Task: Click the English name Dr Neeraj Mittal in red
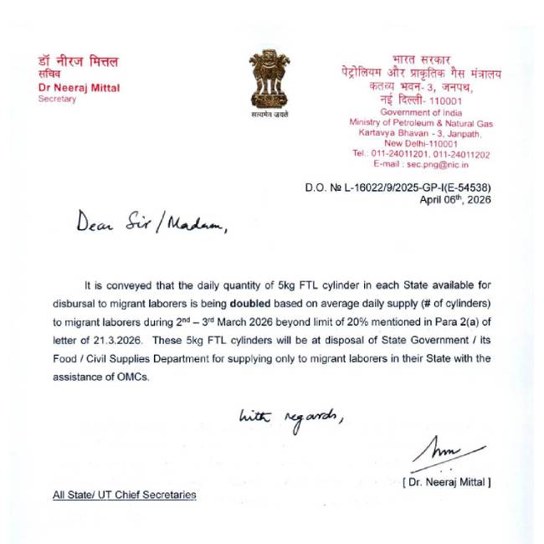(x=79, y=87)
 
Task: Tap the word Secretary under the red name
(x=57, y=99)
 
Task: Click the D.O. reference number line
(x=398, y=188)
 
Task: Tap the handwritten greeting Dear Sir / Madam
(x=151, y=223)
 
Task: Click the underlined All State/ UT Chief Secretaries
(x=125, y=495)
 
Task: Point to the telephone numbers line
(x=421, y=154)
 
